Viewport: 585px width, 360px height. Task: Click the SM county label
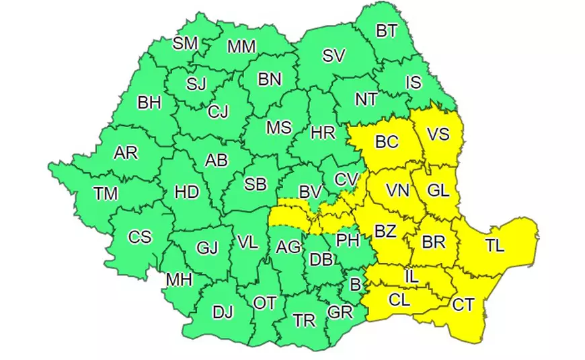186,44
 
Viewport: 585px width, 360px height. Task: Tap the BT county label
386,30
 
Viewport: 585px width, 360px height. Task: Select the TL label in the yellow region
495,246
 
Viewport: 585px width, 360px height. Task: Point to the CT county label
463,305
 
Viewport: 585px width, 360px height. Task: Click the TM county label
106,194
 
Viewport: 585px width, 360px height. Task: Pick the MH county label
180,279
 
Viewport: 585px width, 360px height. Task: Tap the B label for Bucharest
355,285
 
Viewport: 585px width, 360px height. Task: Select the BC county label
387,142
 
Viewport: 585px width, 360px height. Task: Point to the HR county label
323,133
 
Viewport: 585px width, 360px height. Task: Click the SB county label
255,184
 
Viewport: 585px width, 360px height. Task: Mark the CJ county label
218,111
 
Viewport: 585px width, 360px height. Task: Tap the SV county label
334,56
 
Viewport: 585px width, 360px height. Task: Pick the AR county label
126,153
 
